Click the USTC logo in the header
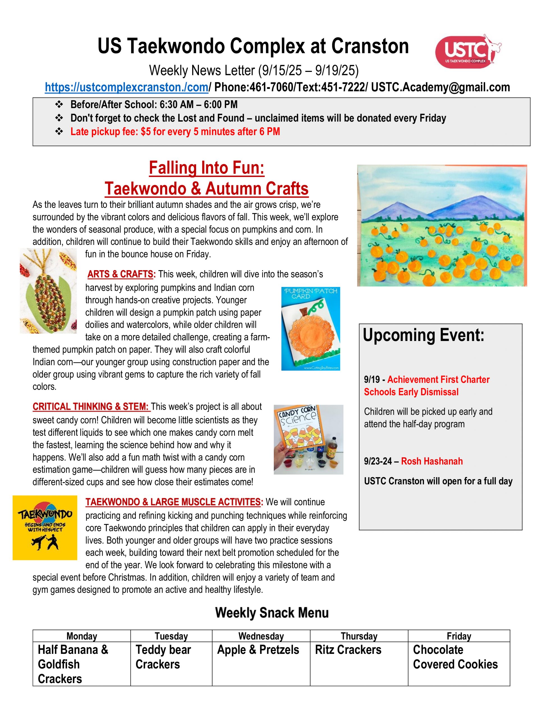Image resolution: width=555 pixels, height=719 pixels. (467, 51)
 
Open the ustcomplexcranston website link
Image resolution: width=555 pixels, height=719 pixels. (127, 87)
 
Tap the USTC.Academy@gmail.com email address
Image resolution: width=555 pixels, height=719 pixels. (441, 87)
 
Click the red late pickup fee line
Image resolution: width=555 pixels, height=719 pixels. (175, 132)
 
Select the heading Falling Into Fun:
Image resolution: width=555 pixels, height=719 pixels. (207, 168)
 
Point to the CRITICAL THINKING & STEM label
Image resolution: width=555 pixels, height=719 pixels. (91, 407)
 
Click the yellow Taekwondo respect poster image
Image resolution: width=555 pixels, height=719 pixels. (45, 528)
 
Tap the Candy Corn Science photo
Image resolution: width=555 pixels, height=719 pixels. (308, 440)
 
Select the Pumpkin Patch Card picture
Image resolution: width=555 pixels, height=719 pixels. (311, 329)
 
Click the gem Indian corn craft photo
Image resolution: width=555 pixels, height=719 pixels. (48, 291)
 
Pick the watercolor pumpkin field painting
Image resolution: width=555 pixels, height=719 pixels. (442, 226)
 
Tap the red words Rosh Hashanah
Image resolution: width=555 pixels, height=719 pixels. (432, 461)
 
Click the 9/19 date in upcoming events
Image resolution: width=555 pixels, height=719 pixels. (372, 380)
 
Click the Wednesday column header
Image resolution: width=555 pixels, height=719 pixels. (261, 636)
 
